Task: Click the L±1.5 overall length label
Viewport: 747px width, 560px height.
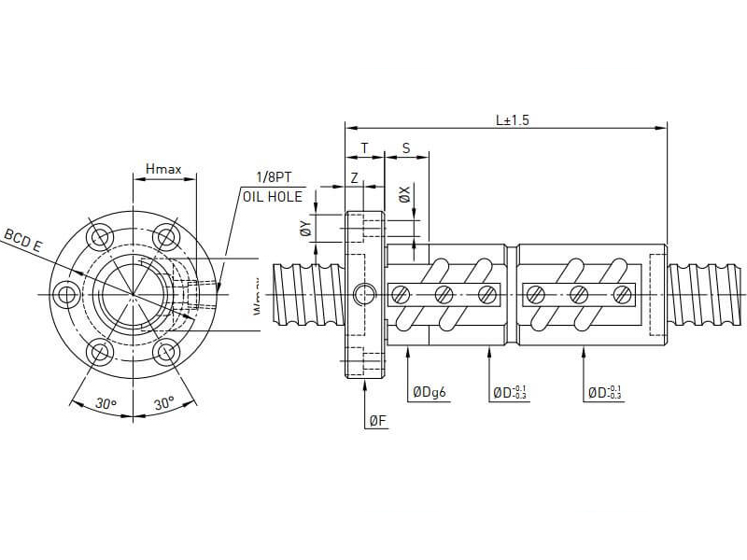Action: tap(513, 119)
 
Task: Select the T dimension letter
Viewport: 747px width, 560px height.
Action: tap(364, 148)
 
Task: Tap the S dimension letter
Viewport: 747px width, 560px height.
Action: tap(406, 148)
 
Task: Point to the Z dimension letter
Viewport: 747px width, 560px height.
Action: tap(355, 176)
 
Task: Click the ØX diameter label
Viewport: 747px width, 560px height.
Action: tap(404, 195)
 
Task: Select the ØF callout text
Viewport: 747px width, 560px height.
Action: tap(377, 421)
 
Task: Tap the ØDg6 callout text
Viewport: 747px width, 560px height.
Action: tap(430, 393)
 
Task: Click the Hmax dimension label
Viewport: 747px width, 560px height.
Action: tap(163, 170)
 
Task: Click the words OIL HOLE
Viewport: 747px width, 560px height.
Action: tap(272, 196)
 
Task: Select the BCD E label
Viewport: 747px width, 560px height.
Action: tap(24, 240)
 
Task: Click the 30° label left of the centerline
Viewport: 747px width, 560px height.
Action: tap(106, 404)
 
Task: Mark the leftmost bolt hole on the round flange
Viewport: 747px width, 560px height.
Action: tap(66, 295)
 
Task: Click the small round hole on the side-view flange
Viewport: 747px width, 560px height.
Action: tap(364, 295)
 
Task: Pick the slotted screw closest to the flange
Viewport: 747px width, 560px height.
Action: tap(401, 295)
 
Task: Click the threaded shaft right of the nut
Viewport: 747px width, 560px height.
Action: tap(706, 294)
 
